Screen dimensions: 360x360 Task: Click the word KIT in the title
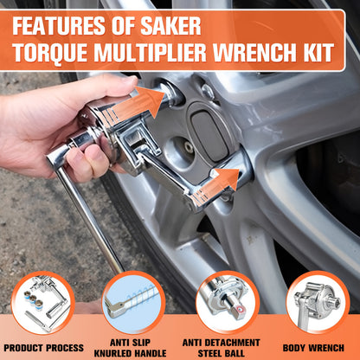pos(316,54)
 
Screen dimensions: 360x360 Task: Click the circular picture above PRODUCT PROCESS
pos(42,302)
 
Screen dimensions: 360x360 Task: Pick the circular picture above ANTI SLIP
pos(133,302)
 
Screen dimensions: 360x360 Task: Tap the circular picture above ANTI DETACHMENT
pos(228,302)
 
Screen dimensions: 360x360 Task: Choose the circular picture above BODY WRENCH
pos(318,302)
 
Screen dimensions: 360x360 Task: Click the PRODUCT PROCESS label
pos(43,346)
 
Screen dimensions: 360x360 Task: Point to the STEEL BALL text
pos(227,351)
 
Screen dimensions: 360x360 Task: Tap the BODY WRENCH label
pos(318,346)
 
